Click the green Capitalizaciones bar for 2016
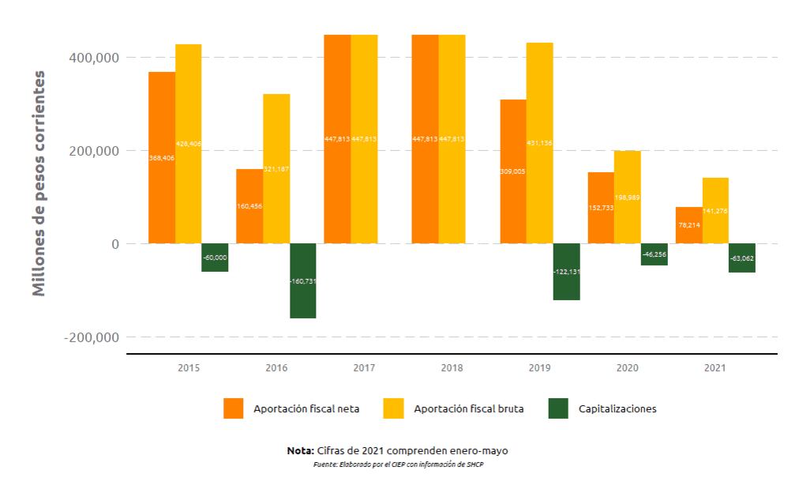[303, 280]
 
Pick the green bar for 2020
[654, 254]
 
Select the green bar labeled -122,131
[566, 272]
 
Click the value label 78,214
[688, 224]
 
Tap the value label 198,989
[627, 197]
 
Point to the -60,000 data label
[215, 258]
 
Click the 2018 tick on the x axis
[452, 368]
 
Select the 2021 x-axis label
[715, 368]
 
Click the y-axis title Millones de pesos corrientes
[39, 183]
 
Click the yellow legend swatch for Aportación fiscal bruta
[393, 408]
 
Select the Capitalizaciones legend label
[617, 408]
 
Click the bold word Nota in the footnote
[300, 450]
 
